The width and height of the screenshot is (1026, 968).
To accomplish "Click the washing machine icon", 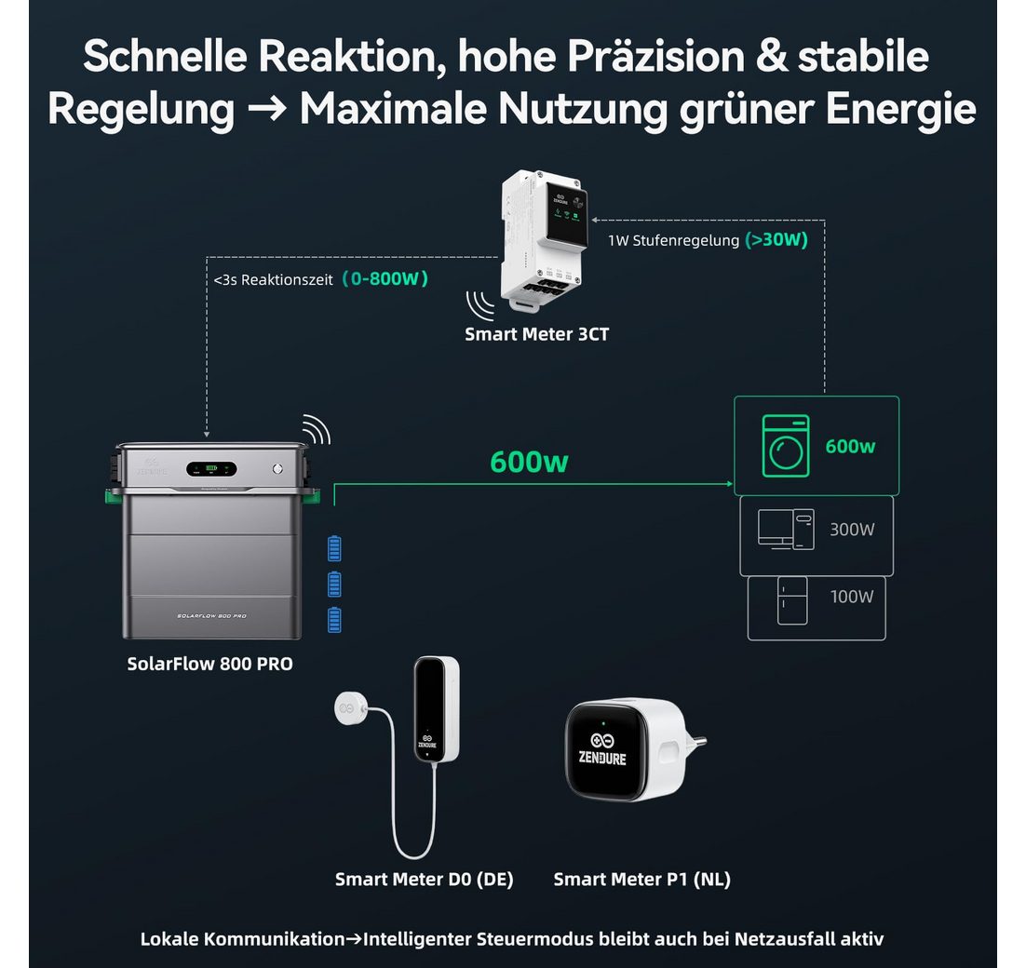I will (785, 446).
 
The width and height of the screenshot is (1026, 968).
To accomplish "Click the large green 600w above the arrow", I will (529, 462).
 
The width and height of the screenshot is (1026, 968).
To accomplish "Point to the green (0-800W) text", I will (385, 278).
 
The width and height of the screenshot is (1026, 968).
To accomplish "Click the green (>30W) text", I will (776, 239).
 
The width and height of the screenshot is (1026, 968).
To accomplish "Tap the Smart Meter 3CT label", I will (536, 333).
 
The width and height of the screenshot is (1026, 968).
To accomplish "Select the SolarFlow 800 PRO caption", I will (209, 664).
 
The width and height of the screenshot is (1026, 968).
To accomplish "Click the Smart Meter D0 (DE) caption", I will (424, 879).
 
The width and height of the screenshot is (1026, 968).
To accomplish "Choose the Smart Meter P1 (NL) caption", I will (641, 879).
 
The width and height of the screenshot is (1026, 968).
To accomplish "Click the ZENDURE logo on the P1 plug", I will (602, 748).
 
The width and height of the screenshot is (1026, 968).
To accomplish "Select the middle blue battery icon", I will (334, 585).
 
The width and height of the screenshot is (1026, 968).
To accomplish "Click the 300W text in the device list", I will (852, 530).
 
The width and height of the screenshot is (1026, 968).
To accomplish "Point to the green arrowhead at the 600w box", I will (728, 484).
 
